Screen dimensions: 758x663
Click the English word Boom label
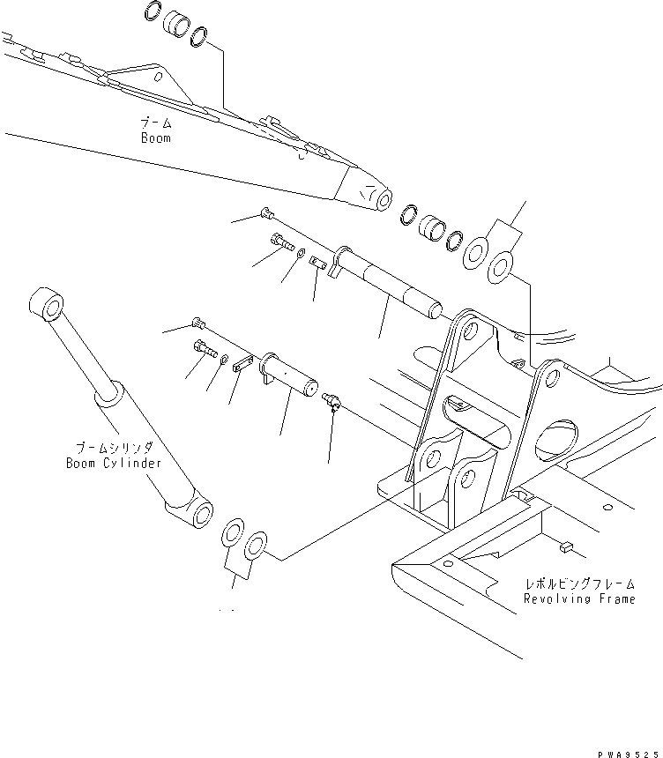pos(155,138)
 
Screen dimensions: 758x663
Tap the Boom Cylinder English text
pos(113,463)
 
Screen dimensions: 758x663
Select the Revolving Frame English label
pos(578,598)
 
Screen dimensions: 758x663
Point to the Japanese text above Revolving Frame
pos(579,584)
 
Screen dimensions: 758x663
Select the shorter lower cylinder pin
pos(292,375)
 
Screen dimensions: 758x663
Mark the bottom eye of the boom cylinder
pos(197,514)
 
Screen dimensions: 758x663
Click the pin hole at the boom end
pos(384,199)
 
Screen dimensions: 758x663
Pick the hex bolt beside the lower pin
pos(204,348)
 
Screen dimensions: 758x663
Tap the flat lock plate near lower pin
pos(245,364)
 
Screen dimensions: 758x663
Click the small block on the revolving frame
pos(564,548)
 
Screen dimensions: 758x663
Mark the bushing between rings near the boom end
pos(431,228)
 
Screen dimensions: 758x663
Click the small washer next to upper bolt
pos(302,255)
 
